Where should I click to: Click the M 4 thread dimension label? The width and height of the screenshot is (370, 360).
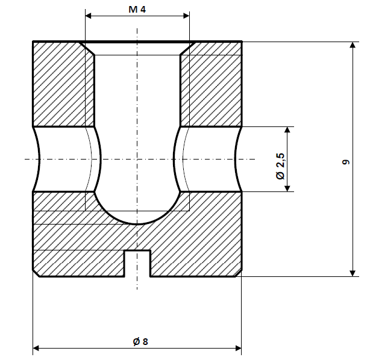click(x=137, y=9)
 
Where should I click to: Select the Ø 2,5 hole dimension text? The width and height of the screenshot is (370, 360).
click(x=280, y=166)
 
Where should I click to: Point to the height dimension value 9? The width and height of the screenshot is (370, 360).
click(x=344, y=163)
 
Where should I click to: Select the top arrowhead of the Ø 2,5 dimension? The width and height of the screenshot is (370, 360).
click(x=289, y=131)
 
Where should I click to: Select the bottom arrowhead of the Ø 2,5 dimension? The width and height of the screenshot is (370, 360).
click(x=289, y=187)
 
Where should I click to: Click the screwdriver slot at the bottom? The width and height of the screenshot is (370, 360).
click(x=137, y=264)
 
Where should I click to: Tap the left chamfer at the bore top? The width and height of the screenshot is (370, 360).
click(x=89, y=48)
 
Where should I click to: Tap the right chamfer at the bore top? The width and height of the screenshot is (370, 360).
click(x=186, y=48)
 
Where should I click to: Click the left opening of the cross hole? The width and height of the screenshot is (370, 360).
click(x=36, y=159)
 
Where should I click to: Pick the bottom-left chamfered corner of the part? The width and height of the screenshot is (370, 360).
click(x=36, y=274)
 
